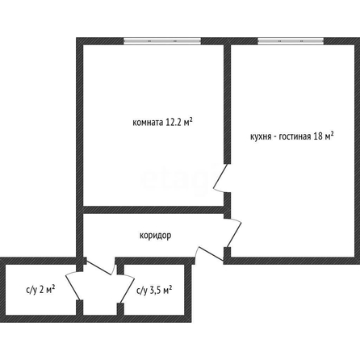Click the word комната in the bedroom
point(148,123)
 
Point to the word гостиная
point(295,136)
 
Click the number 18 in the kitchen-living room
point(318,136)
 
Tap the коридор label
point(155,236)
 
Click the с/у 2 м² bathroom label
point(40,290)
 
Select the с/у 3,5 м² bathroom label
point(154,290)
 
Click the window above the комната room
point(162,41)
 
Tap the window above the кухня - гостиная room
point(291,41)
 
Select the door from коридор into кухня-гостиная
point(234,233)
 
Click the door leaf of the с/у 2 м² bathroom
point(73,286)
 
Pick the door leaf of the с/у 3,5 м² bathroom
point(127,289)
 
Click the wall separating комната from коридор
point(154,210)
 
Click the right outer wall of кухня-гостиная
point(357,151)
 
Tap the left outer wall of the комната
point(80,148)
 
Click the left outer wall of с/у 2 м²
point(2,290)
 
